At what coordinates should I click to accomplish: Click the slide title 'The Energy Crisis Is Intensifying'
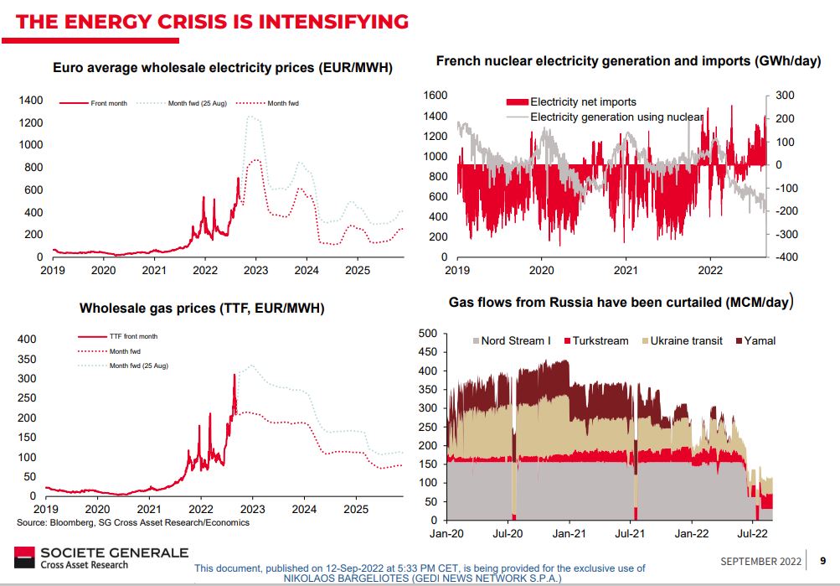[212, 21]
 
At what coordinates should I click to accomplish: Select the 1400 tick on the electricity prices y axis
[31, 101]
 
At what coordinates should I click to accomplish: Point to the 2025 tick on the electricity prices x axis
[358, 271]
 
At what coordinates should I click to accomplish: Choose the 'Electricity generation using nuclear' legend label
[616, 117]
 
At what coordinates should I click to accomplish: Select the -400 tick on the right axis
[791, 257]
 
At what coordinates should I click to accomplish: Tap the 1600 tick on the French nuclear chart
[437, 96]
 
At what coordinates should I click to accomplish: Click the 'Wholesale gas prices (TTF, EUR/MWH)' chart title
[202, 309]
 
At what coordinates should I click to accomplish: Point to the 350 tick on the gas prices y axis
[28, 359]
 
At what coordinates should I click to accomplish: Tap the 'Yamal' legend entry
[760, 341]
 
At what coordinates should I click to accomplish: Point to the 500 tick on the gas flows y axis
[427, 334]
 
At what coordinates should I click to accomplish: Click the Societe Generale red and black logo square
[24, 557]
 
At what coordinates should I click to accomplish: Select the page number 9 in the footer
[822, 561]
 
